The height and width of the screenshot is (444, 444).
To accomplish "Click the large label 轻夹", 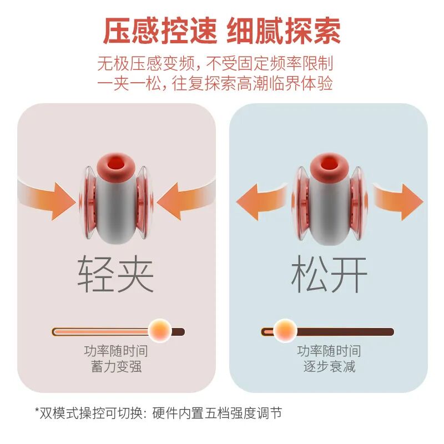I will [116, 274].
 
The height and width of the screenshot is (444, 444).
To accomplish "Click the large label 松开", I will [329, 274].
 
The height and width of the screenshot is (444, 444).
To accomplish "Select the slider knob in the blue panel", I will [285, 331].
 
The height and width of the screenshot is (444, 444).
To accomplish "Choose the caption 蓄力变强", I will [116, 367].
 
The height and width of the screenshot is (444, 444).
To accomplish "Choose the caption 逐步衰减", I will [329, 367].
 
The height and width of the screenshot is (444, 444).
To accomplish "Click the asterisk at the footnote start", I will [37, 412].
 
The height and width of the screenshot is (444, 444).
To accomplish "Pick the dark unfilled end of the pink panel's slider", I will [178, 332].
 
